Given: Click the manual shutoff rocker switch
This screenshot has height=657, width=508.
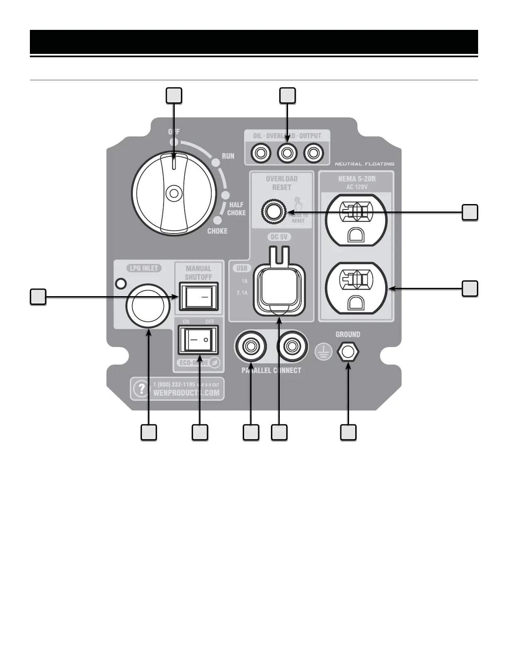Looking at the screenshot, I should click(198, 297).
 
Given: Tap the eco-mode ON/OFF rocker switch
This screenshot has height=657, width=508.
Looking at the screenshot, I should click(198, 340).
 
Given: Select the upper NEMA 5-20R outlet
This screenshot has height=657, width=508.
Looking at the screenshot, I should click(356, 219).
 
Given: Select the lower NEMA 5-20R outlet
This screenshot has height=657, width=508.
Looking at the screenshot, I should click(356, 288).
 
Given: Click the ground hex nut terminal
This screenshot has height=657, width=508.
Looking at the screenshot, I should click(348, 352).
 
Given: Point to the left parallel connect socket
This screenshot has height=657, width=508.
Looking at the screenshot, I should click(250, 346).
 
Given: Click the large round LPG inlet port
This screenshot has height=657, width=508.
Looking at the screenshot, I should click(148, 306).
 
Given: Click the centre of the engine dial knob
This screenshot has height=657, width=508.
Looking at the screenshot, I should click(174, 193).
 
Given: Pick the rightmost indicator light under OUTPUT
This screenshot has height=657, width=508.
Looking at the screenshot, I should click(313, 153).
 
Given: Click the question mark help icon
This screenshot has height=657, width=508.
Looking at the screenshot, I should click(142, 389).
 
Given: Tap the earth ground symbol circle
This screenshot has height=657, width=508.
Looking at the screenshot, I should click(323, 353).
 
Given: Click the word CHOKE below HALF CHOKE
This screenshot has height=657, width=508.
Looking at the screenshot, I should click(217, 231).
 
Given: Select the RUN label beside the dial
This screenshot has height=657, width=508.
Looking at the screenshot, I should click(228, 156).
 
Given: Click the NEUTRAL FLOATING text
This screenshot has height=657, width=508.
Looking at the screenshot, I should click(364, 164).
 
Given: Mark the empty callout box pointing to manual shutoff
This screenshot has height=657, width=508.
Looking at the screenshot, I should click(38, 297).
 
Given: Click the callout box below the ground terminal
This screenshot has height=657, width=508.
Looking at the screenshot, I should click(348, 432).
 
